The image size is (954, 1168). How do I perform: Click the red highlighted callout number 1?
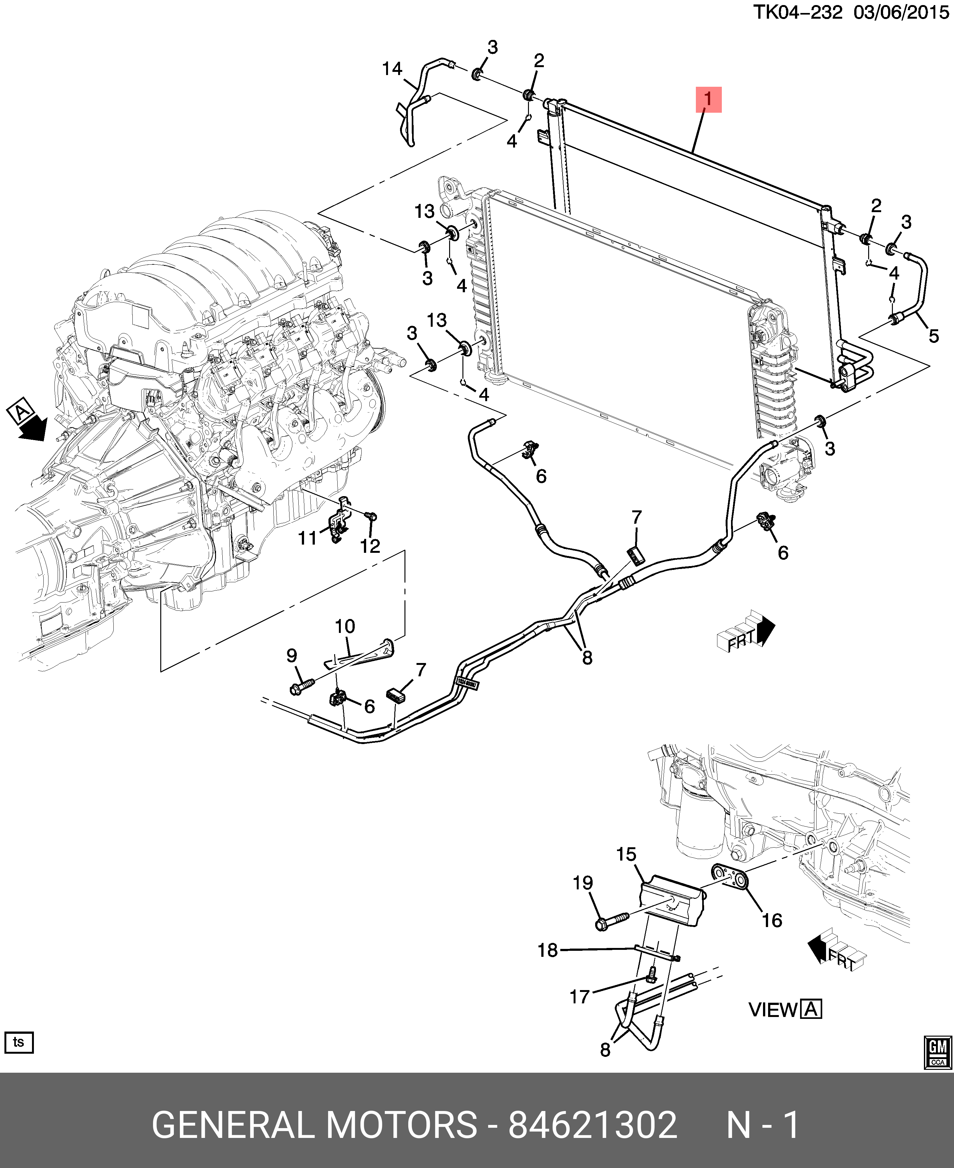coord(708,99)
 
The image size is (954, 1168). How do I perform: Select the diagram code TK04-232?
coord(797,12)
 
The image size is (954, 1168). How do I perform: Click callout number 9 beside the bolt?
coord(292,655)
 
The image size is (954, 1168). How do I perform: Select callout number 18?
coord(547,950)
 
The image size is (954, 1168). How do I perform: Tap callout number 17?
coord(579,997)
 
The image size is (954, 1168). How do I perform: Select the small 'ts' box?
coord(19,1042)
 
